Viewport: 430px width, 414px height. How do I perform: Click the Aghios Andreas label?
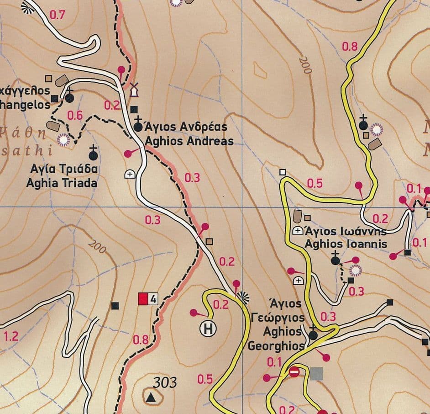(189, 141)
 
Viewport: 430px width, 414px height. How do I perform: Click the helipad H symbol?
(208, 329)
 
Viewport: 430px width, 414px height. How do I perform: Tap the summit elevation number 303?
(165, 382)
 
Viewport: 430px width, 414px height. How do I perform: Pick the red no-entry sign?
(294, 372)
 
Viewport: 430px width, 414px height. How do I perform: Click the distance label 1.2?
(11, 337)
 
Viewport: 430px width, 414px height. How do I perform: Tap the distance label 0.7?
(57, 15)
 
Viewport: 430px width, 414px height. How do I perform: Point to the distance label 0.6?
(75, 116)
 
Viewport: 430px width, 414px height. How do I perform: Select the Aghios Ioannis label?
(346, 244)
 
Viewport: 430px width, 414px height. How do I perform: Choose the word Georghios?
(276, 346)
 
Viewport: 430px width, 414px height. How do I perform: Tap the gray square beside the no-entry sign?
(316, 373)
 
